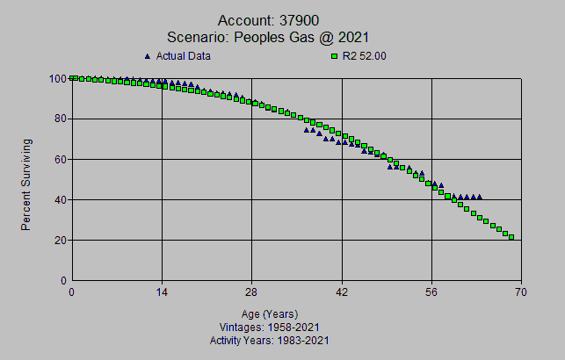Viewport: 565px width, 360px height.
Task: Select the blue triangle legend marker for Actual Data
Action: (148, 56)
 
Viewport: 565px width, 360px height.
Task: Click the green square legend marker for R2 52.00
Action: (335, 56)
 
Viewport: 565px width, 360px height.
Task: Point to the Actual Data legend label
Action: (184, 56)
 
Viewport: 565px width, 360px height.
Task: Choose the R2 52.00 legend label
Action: (366, 56)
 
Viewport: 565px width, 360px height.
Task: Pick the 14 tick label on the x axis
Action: (162, 292)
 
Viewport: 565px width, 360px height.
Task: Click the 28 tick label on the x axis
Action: (252, 292)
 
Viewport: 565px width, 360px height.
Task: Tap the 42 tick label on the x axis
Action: (343, 292)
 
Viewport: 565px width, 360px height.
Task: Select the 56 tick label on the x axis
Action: (432, 292)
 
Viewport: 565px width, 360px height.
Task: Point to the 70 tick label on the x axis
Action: (522, 292)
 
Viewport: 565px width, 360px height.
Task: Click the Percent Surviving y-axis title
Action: (26, 184)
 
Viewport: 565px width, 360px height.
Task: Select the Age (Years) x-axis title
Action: (270, 313)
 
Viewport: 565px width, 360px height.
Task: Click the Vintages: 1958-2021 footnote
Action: (270, 327)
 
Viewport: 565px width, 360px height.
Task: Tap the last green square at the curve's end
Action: (511, 237)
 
